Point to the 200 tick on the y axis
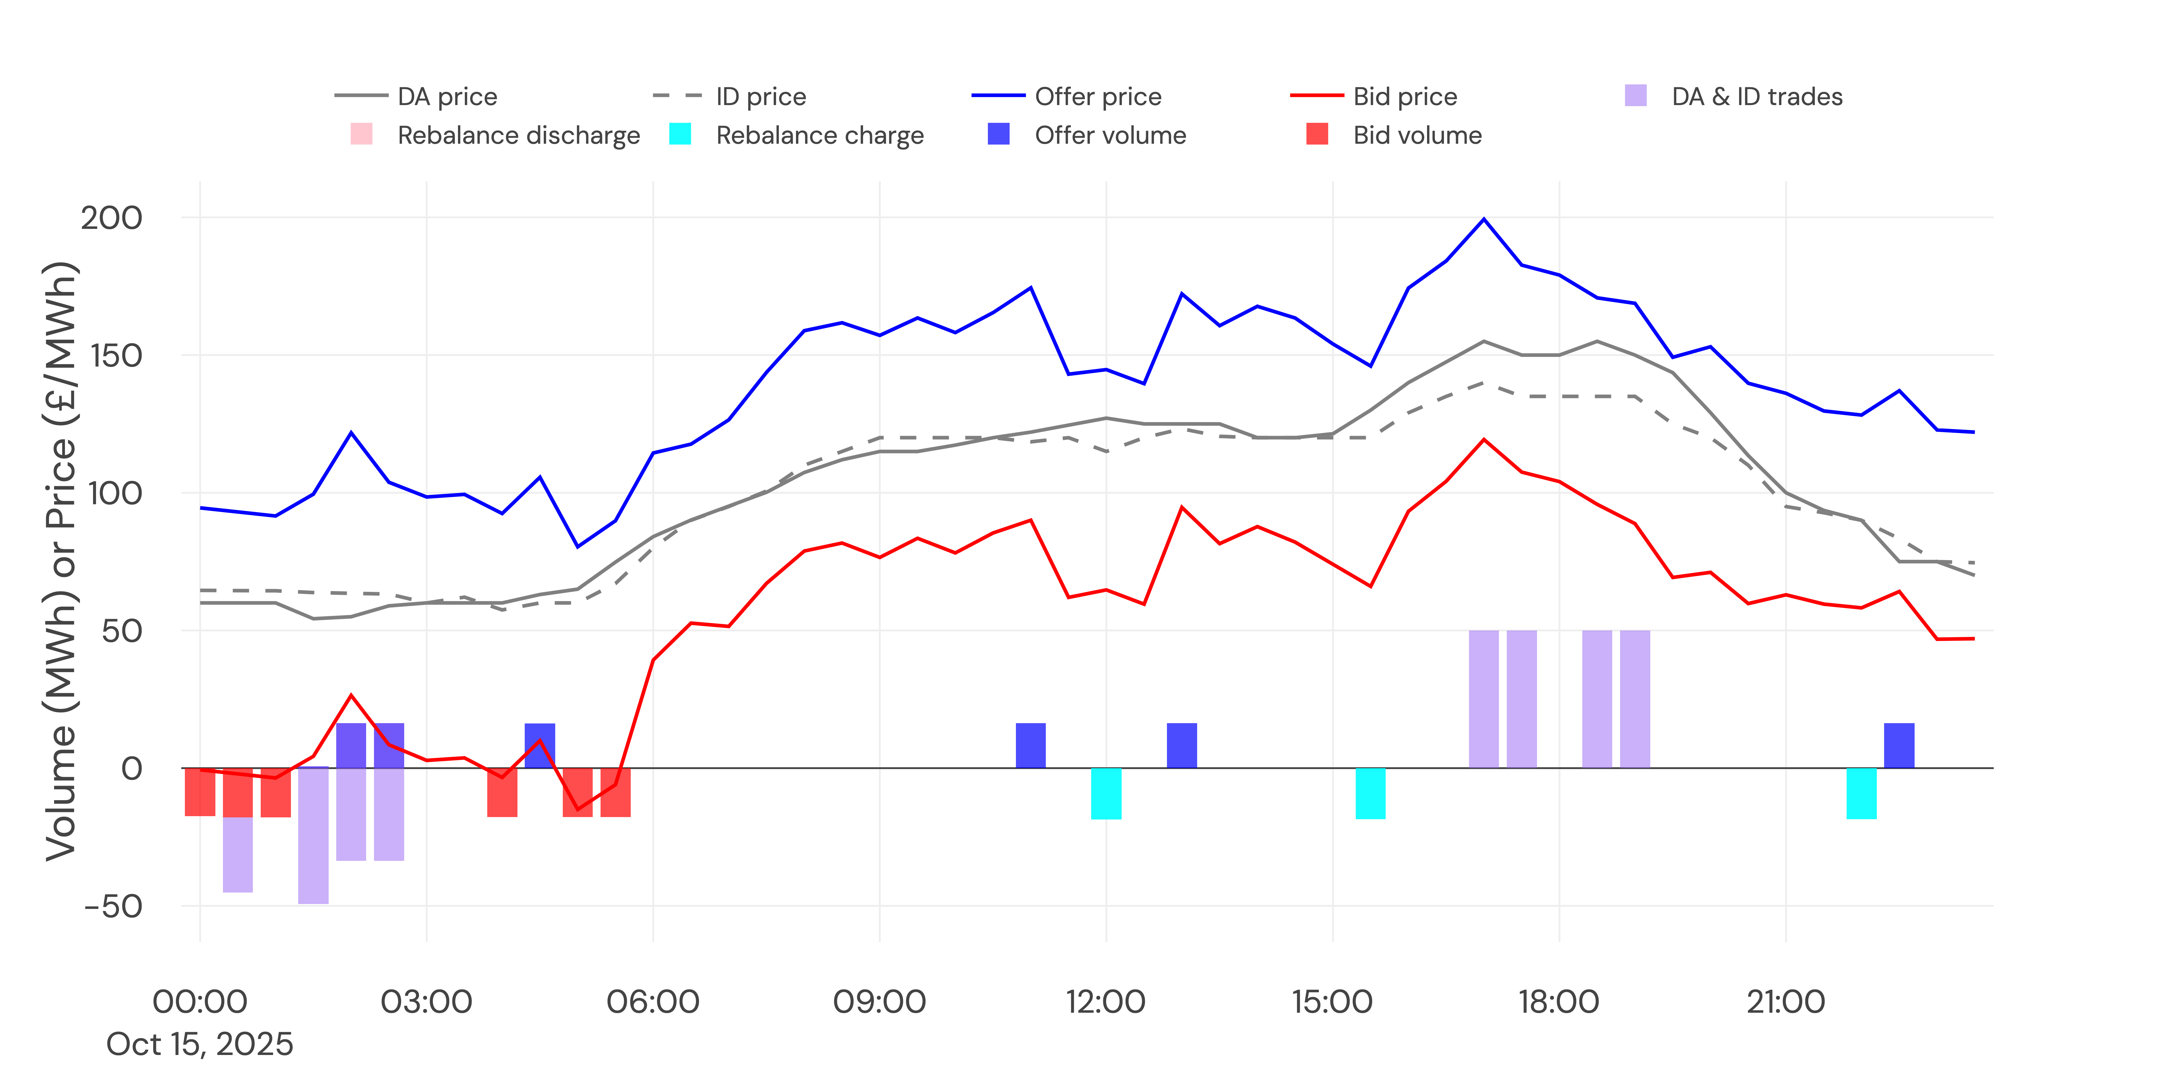[111, 218]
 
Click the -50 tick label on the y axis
[113, 906]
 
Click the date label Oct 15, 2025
[199, 1044]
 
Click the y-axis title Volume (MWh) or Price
[61, 561]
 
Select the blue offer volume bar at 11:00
[1030, 745]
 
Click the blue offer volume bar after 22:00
[1899, 745]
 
